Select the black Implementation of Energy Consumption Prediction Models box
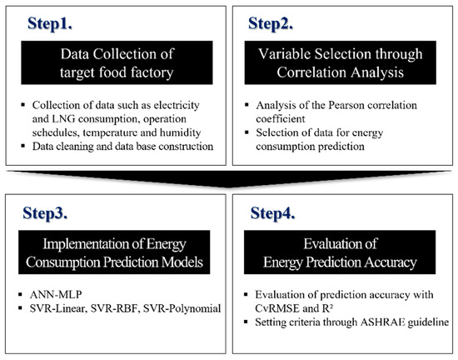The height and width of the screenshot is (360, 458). tap(114, 253)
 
